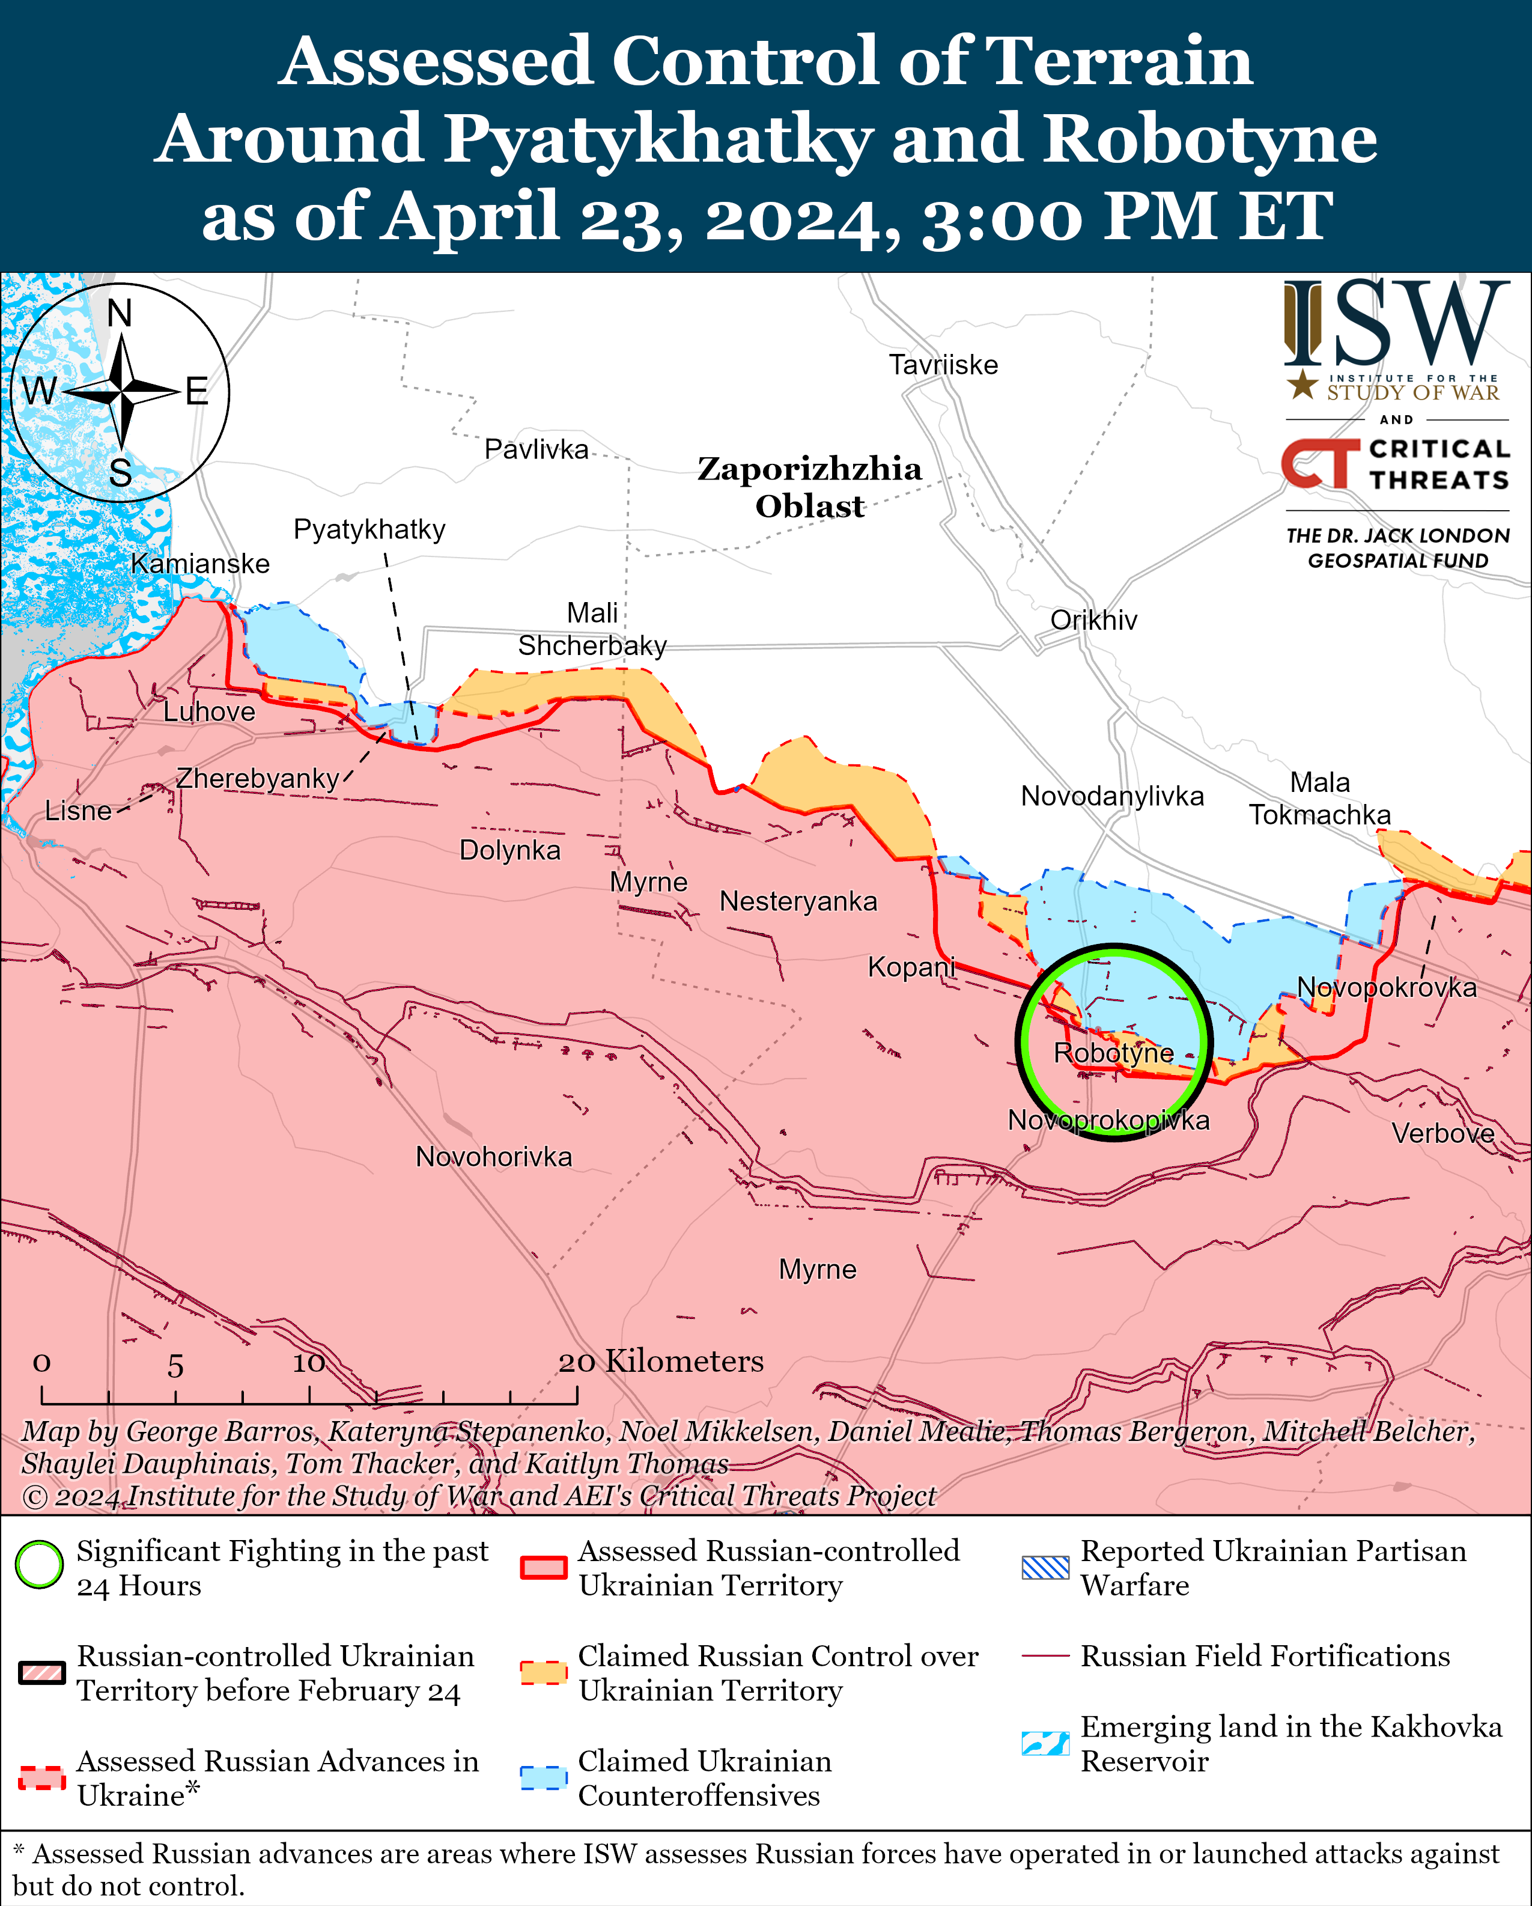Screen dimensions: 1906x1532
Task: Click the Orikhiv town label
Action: (x=1093, y=621)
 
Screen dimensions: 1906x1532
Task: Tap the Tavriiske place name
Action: (x=943, y=365)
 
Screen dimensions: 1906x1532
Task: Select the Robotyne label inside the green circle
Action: (x=1113, y=1053)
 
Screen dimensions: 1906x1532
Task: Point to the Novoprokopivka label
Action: (x=1108, y=1121)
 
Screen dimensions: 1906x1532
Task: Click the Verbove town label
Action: (x=1442, y=1133)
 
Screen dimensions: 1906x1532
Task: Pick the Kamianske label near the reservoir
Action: (x=200, y=564)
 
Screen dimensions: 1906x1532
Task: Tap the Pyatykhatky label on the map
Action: (x=369, y=529)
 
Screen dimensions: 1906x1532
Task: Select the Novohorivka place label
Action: (x=493, y=1157)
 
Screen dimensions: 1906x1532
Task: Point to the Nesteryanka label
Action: (x=798, y=902)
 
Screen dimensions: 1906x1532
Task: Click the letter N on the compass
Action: (x=120, y=314)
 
